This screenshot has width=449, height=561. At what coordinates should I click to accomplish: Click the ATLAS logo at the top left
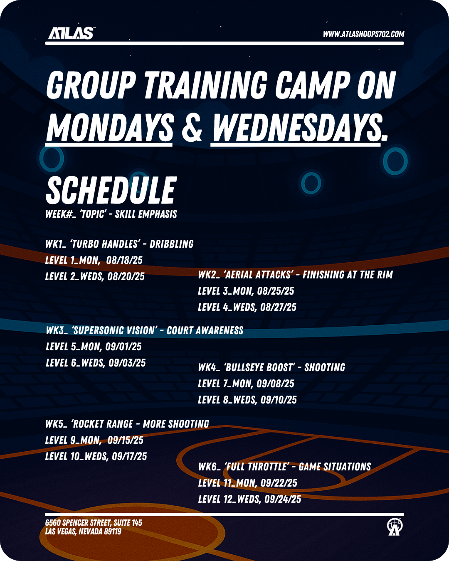(x=71, y=33)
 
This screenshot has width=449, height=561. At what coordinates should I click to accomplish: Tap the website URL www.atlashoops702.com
(x=363, y=34)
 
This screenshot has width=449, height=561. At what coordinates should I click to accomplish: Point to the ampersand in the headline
(x=192, y=127)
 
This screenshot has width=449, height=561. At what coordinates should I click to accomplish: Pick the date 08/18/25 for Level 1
(x=124, y=260)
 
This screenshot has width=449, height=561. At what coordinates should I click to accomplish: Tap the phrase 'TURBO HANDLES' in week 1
(x=104, y=244)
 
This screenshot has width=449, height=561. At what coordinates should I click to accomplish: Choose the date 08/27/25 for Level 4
(x=278, y=307)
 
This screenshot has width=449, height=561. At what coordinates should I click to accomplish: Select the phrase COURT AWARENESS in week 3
(x=205, y=330)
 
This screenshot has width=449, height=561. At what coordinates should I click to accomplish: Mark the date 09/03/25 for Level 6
(x=127, y=363)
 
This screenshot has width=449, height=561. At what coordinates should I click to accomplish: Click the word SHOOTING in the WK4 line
(x=325, y=367)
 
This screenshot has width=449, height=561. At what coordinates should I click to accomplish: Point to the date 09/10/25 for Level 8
(x=279, y=400)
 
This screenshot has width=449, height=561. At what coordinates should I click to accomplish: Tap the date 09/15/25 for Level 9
(x=126, y=440)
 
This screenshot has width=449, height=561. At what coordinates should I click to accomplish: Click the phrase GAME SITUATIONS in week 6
(x=335, y=467)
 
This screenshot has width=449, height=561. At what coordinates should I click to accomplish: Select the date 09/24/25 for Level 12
(x=283, y=499)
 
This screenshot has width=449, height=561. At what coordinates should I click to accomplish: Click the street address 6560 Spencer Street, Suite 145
(x=94, y=523)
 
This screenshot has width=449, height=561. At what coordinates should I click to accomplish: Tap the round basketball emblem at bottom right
(x=395, y=527)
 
